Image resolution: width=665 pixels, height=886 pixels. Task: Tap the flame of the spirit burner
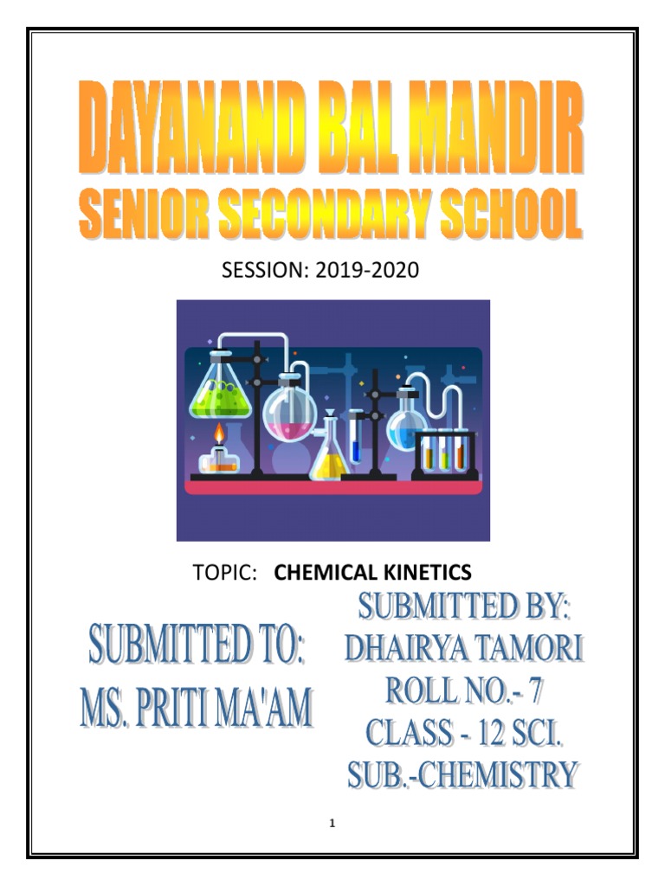click(x=219, y=433)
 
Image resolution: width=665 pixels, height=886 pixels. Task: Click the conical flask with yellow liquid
click(x=329, y=455)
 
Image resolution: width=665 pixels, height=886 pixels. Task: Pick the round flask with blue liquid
click(x=405, y=423)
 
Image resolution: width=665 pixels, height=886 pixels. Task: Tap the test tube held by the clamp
click(x=356, y=438)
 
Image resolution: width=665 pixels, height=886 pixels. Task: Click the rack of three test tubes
click(x=445, y=451)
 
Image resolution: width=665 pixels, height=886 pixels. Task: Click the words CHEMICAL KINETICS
click(x=372, y=572)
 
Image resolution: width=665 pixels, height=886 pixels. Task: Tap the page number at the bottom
click(x=332, y=823)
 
